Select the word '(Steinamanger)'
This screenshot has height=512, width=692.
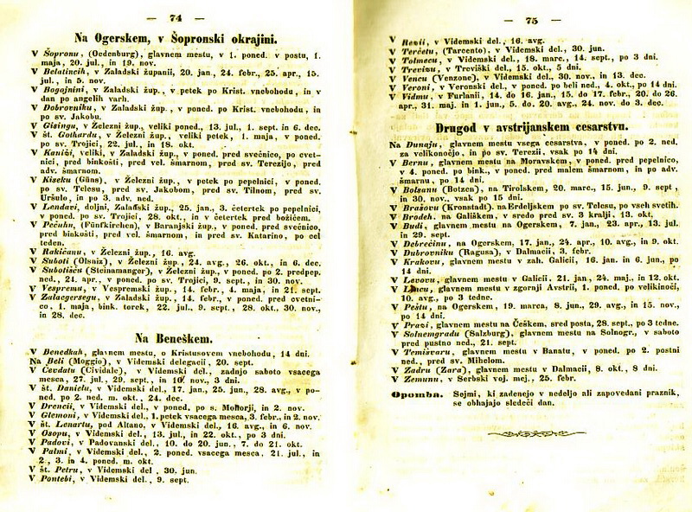coord(114,272)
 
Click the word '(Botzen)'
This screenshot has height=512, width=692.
coord(465,188)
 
